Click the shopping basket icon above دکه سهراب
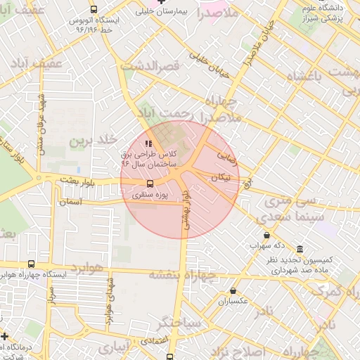[x=266, y=236]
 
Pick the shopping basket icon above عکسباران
[x=233, y=290]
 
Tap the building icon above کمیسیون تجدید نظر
[x=300, y=250]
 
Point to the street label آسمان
[x=70, y=201]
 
